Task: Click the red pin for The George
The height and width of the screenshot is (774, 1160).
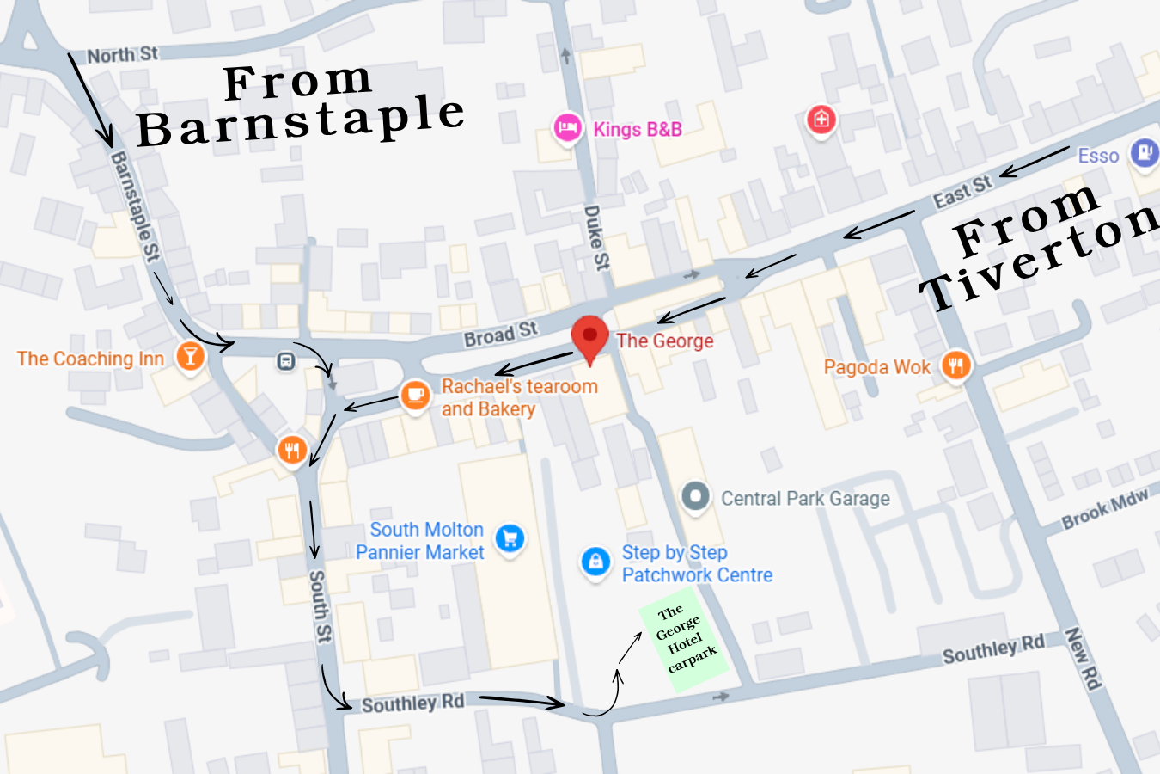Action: click(x=589, y=336)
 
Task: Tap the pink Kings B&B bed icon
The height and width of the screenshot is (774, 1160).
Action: click(x=567, y=128)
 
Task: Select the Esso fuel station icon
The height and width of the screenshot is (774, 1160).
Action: click(x=1145, y=154)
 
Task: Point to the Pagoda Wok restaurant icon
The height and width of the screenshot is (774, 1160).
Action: click(x=955, y=365)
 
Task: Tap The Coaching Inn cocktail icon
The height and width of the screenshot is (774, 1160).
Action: click(x=190, y=356)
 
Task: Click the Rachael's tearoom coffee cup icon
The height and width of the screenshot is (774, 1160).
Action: click(x=416, y=396)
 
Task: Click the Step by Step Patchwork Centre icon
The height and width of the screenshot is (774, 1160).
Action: click(x=595, y=562)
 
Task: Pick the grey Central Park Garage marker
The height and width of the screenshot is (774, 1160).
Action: click(x=695, y=496)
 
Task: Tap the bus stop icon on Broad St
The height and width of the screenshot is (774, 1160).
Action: click(x=286, y=361)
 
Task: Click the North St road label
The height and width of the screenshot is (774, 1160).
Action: click(x=123, y=55)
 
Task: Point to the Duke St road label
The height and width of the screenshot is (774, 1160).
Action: click(x=596, y=237)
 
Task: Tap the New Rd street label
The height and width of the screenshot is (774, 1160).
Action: click(x=1083, y=659)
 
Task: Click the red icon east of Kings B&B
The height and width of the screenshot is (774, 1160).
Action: click(x=821, y=119)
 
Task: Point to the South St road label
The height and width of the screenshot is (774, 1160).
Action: click(x=320, y=605)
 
